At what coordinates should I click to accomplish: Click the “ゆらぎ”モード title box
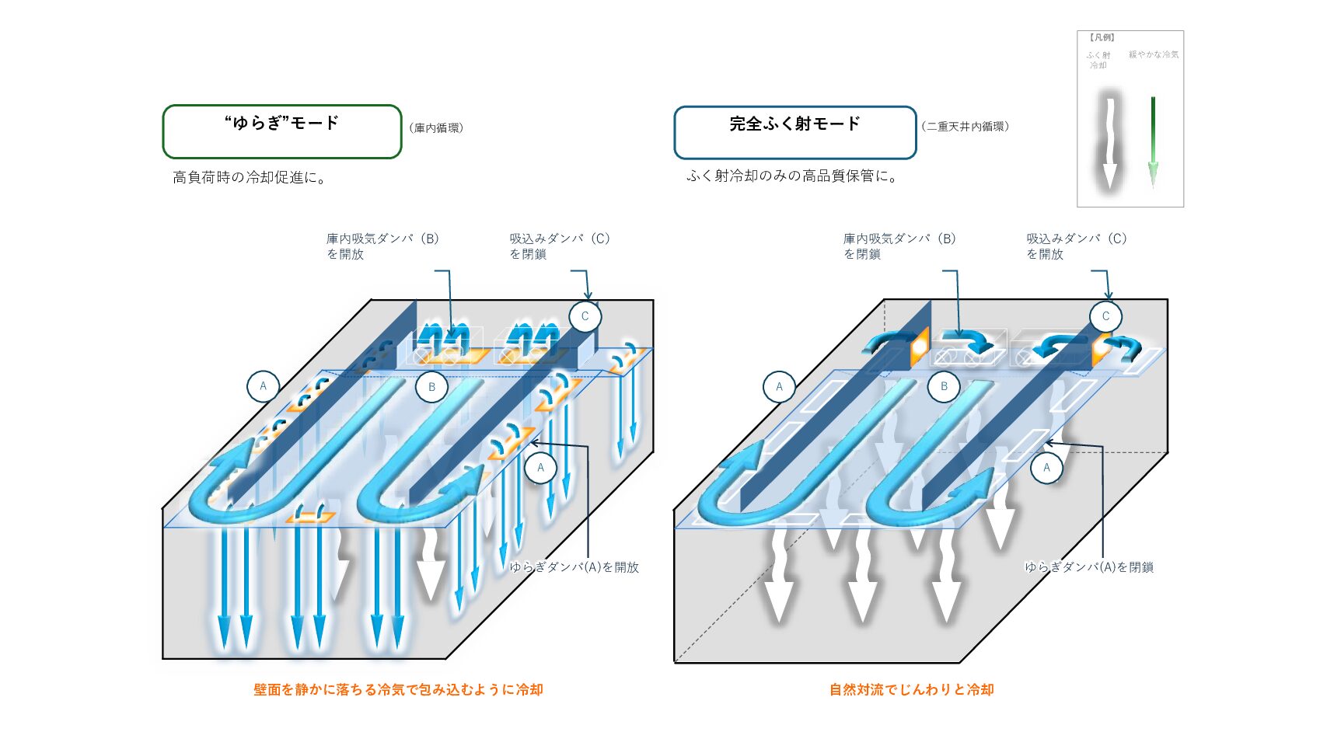(281, 131)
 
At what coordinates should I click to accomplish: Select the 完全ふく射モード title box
(794, 132)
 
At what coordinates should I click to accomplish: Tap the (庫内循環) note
(436, 128)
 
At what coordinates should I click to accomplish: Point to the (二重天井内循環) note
(965, 127)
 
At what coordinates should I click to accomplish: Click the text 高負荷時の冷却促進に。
(249, 178)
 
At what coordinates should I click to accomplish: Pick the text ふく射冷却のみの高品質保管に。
(793, 176)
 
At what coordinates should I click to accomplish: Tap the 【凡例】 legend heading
(1102, 37)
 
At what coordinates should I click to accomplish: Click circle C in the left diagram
(585, 316)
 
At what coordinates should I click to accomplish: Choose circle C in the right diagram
(1105, 316)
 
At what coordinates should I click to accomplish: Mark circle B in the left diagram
(431, 387)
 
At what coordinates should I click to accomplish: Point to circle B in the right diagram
(944, 386)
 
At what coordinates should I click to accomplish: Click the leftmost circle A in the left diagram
(263, 386)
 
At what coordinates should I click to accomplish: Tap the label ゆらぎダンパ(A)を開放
(574, 567)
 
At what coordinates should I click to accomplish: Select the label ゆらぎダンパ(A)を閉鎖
(1088, 567)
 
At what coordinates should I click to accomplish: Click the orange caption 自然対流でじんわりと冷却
(911, 689)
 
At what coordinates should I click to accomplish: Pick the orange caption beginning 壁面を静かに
(398, 689)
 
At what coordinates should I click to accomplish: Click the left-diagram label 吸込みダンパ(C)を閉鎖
(559, 246)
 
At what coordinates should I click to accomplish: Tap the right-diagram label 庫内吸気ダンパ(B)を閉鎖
(899, 246)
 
